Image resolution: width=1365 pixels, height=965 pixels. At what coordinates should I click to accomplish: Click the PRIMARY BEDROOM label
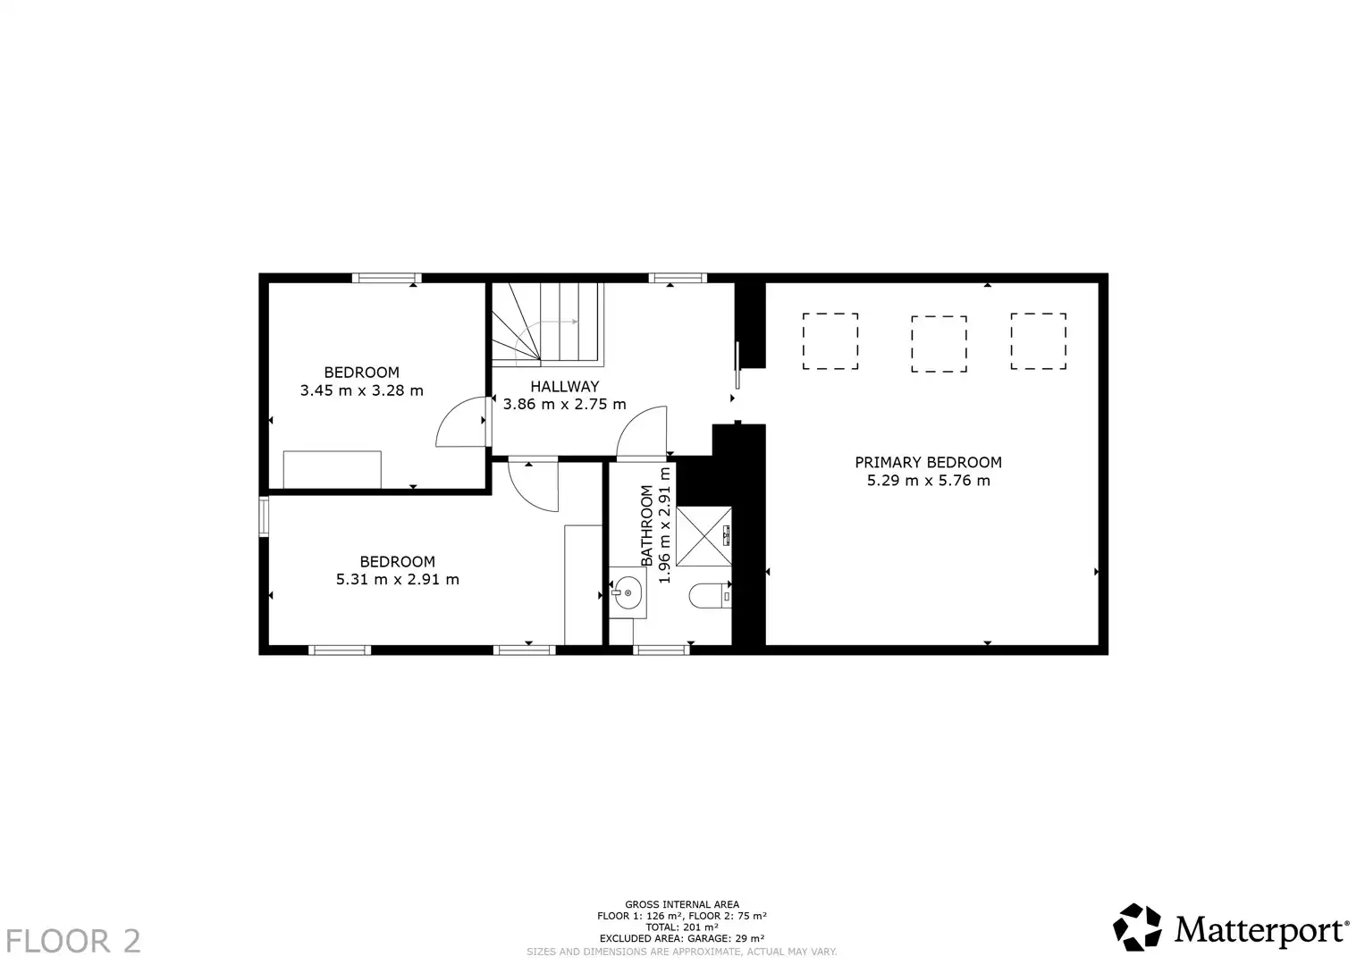click(928, 463)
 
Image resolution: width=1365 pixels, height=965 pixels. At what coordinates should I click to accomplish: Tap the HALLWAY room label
click(564, 386)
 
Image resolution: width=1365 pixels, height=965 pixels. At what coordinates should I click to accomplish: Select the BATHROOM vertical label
click(646, 525)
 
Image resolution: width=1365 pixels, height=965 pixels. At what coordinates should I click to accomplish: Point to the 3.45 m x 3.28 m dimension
click(361, 390)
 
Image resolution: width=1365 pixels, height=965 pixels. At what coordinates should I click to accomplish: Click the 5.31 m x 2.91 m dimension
click(397, 579)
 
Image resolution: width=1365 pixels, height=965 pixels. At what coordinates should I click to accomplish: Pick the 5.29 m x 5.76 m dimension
click(928, 481)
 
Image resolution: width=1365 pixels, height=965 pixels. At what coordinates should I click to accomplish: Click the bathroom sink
click(627, 592)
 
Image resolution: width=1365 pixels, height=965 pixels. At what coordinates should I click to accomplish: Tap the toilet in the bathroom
click(710, 596)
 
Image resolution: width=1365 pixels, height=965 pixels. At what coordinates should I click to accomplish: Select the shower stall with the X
click(704, 536)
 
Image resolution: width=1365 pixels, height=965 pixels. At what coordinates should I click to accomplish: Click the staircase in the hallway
click(547, 324)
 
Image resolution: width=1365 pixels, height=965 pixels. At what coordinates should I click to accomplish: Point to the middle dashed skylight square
click(939, 344)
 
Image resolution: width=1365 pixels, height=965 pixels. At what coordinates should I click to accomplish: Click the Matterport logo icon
click(1136, 927)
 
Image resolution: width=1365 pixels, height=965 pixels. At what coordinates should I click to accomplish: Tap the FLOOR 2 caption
click(73, 941)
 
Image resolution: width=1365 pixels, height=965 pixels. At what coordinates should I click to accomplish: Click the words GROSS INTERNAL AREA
click(682, 904)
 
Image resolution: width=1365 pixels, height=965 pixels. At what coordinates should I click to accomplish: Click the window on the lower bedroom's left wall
click(264, 516)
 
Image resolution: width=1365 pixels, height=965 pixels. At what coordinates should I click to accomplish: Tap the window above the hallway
click(678, 278)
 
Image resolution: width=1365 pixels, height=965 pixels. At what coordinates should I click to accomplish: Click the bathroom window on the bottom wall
click(661, 650)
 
